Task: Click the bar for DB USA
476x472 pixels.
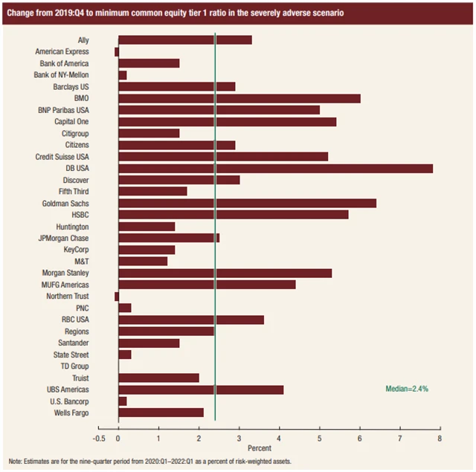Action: click(x=275, y=168)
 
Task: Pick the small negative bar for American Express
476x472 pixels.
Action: click(x=117, y=51)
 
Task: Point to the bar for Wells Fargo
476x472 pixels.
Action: click(x=161, y=413)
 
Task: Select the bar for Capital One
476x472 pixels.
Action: click(x=227, y=121)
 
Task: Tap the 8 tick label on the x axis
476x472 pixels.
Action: click(x=440, y=438)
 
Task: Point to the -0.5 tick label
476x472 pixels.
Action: click(x=98, y=438)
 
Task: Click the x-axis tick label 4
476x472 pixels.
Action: click(x=280, y=438)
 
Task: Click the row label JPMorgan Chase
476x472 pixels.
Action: click(x=64, y=238)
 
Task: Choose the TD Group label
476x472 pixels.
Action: click(x=74, y=366)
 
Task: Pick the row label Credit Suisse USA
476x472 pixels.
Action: click(x=62, y=156)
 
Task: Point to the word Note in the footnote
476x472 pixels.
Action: click(x=16, y=462)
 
